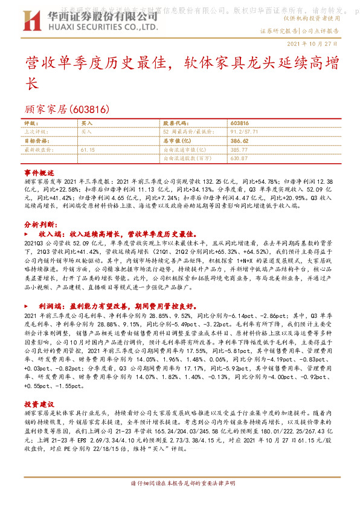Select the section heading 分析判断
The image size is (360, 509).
pyautogui.click(x=39, y=224)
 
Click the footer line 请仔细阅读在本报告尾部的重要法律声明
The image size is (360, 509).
pyautogui.click(x=180, y=484)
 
